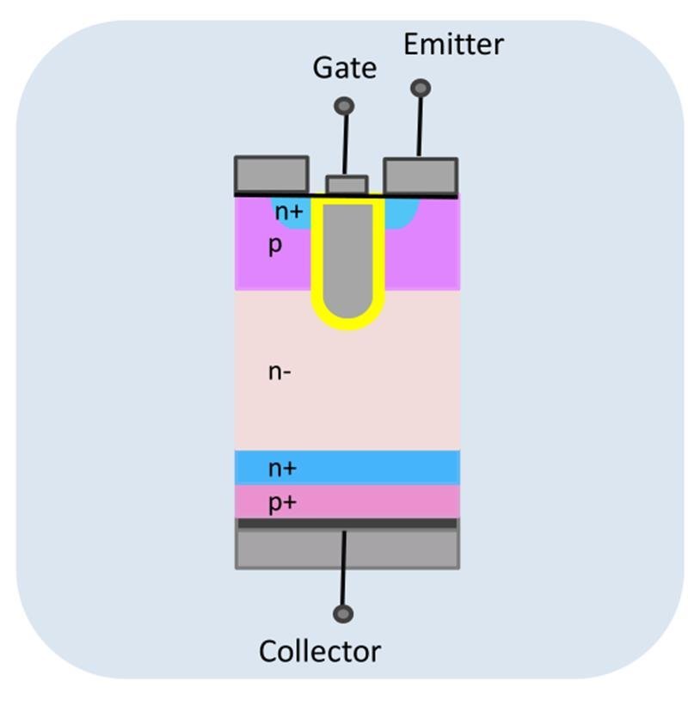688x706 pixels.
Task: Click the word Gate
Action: [x=344, y=67]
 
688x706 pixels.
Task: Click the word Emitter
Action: [x=453, y=43]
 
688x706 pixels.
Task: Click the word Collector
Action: [x=320, y=651]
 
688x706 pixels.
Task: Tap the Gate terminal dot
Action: [x=344, y=106]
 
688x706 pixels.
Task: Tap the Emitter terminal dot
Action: [x=421, y=88]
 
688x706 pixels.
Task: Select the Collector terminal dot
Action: [x=343, y=614]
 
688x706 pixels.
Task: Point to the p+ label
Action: [x=281, y=502]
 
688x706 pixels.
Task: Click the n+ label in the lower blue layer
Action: [x=282, y=468]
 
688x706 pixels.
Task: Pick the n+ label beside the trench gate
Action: [x=289, y=209]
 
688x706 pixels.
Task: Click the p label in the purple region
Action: [x=275, y=245]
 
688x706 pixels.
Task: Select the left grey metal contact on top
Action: [x=271, y=175]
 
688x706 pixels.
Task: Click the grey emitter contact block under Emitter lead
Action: [x=421, y=176]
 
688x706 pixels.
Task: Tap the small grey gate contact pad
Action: [x=347, y=185]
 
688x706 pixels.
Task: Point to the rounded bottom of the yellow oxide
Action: [x=347, y=322]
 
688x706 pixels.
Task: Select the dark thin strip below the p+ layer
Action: [x=347, y=523]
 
